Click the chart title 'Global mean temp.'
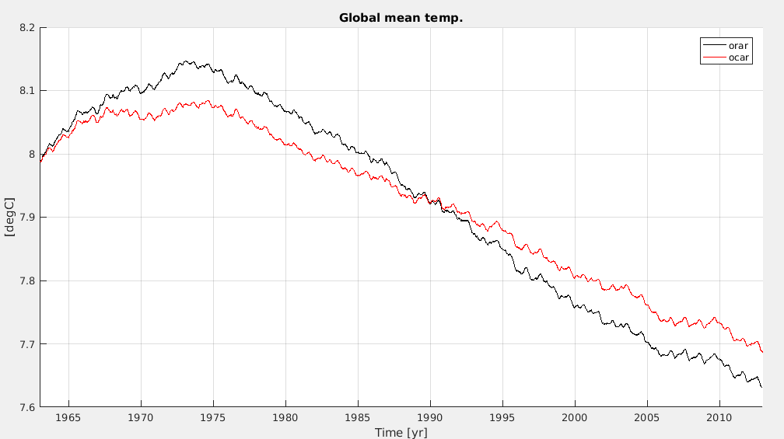(x=401, y=17)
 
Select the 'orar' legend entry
(x=737, y=46)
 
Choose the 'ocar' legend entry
(x=737, y=57)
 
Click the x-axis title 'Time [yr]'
(x=401, y=432)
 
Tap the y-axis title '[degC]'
(x=10, y=218)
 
